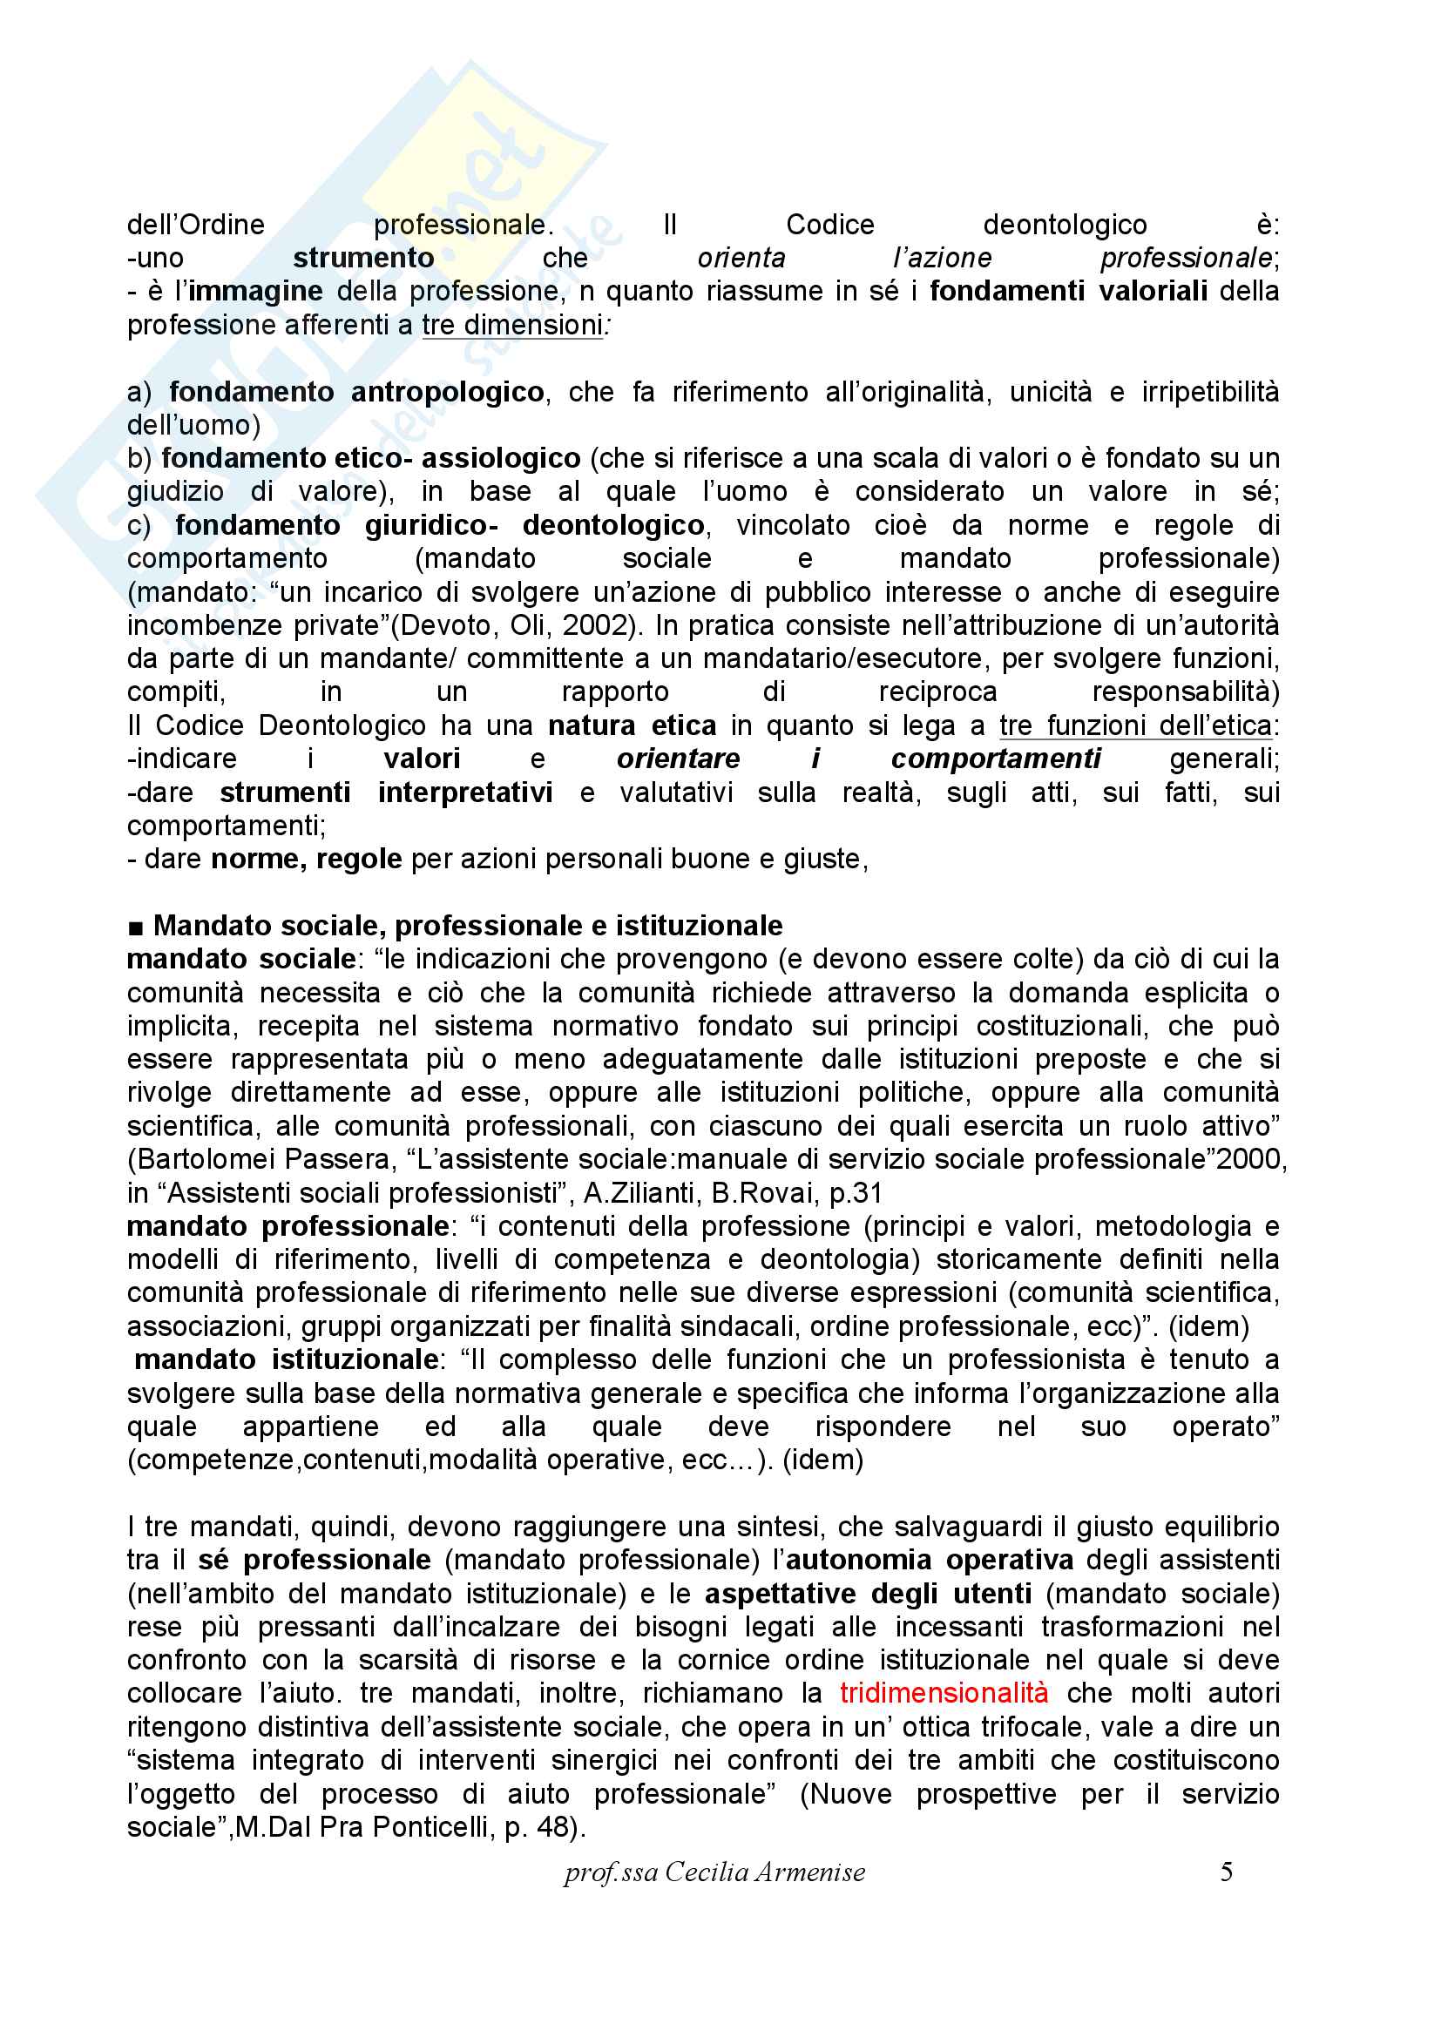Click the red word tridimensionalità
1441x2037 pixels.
pyautogui.click(x=944, y=1693)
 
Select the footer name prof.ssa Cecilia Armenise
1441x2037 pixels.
pyautogui.click(x=714, y=1872)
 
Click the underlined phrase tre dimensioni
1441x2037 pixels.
pyautogui.click(x=512, y=325)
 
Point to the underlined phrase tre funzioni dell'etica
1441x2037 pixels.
pyautogui.click(x=1136, y=725)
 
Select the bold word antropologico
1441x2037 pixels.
pyautogui.click(x=447, y=392)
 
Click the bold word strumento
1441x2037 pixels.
pyautogui.click(x=364, y=258)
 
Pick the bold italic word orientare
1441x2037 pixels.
pyautogui.click(x=678, y=759)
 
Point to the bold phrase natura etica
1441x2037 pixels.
pyautogui.click(x=632, y=725)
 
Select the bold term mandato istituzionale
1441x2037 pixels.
pyautogui.click(x=286, y=1359)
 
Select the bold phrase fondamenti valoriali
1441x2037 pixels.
pyautogui.click(x=1068, y=291)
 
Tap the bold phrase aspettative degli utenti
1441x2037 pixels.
pyautogui.click(x=868, y=1594)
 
